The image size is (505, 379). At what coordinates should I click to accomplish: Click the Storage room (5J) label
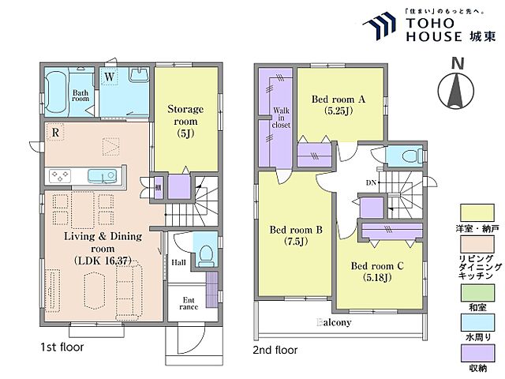click(185, 122)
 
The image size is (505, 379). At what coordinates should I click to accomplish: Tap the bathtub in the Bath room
click(57, 92)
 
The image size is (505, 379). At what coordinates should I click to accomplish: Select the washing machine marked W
click(109, 77)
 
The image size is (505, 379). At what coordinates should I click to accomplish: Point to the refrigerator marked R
click(55, 133)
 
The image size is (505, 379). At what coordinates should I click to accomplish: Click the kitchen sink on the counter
click(102, 176)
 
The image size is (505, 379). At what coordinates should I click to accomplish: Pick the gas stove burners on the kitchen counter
click(60, 176)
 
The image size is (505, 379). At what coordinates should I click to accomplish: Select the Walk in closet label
click(281, 118)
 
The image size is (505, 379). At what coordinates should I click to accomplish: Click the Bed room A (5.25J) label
click(339, 105)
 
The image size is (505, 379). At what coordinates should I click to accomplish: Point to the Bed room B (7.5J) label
click(296, 235)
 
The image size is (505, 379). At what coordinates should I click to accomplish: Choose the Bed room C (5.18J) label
click(377, 272)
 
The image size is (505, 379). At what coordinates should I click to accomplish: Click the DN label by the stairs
click(371, 182)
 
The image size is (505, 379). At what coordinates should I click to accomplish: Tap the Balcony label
click(334, 322)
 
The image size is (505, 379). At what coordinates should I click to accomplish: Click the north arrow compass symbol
click(456, 90)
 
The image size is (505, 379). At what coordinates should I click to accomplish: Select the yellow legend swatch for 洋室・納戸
click(477, 212)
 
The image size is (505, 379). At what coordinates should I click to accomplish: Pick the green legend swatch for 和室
click(477, 293)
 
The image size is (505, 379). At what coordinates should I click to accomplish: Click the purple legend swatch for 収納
click(477, 353)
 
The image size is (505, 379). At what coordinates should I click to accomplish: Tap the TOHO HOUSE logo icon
click(380, 25)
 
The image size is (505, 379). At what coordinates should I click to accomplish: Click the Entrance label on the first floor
click(189, 303)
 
